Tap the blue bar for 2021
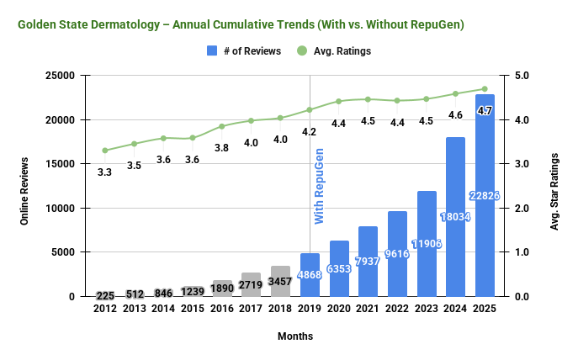tap(369, 262)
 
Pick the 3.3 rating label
tap(105, 172)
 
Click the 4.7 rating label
tap(485, 110)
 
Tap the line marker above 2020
tap(339, 101)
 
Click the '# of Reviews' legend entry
tap(245, 50)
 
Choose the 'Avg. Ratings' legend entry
tap(337, 50)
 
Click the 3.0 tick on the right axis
tap(522, 164)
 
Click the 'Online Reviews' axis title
tap(26, 186)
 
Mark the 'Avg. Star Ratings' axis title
tap(557, 186)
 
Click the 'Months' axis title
tap(295, 336)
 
